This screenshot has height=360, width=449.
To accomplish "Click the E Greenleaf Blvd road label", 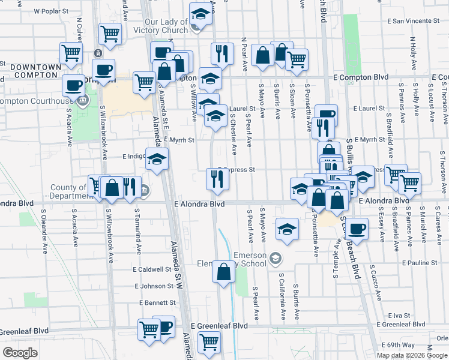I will [219, 325].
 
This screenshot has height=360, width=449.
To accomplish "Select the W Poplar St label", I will [53, 11].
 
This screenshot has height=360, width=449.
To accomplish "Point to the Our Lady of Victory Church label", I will [166, 26].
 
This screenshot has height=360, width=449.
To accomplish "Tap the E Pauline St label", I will [420, 263].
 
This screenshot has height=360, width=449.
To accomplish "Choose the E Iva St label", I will [399, 315].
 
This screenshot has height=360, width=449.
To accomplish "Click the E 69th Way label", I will [399, 345].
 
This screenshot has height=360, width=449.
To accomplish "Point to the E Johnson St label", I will [158, 286].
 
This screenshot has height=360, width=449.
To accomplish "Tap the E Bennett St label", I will [157, 303].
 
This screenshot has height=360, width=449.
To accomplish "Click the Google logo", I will [20, 353].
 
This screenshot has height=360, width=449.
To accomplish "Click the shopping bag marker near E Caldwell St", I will [223, 271].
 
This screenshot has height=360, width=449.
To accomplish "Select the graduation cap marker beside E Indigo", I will [157, 159].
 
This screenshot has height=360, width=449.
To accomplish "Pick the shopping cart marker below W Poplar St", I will [109, 34].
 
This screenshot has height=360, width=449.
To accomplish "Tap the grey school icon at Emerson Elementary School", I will [276, 258].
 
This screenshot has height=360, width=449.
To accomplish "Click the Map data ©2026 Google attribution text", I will [412, 355].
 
